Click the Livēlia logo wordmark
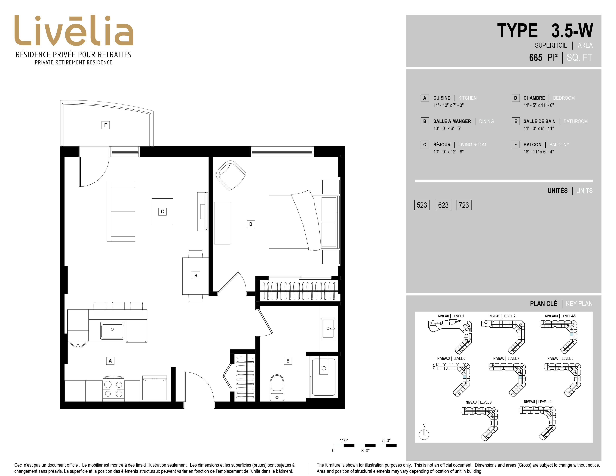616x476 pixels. pyautogui.click(x=74, y=30)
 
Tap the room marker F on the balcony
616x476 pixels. pyautogui.click(x=105, y=125)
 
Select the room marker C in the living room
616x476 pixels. pyautogui.click(x=162, y=211)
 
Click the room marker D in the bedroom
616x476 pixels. pyautogui.click(x=251, y=224)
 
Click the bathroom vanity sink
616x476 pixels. pyautogui.click(x=328, y=329)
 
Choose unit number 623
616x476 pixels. pyautogui.click(x=443, y=205)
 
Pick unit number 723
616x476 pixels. pyautogui.click(x=464, y=205)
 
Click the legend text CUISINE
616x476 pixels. pyautogui.click(x=442, y=98)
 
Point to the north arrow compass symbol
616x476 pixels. pyautogui.click(x=424, y=434)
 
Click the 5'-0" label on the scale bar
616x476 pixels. pyautogui.click(x=386, y=441)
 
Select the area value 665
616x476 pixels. pyautogui.click(x=536, y=57)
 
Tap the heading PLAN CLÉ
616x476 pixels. pyautogui.click(x=544, y=304)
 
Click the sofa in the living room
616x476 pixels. pyautogui.click(x=121, y=211)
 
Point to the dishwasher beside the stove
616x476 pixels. pyautogui.click(x=155, y=388)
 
